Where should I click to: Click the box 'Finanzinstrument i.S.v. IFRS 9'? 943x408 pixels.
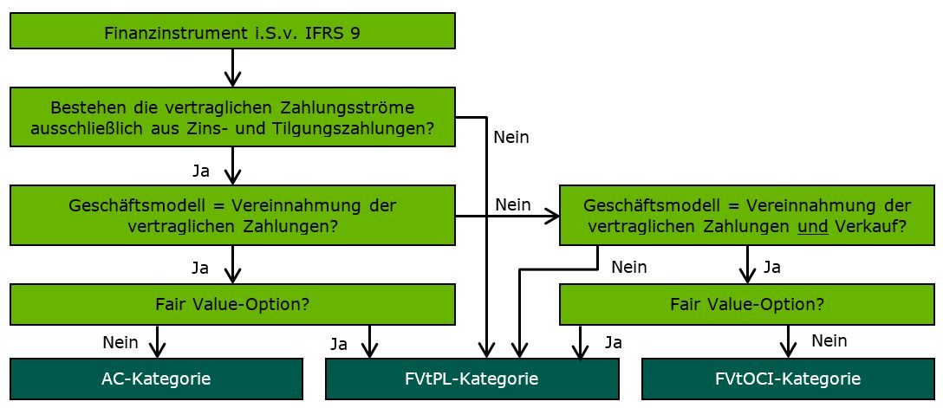232,33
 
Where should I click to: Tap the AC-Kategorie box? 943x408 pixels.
156,379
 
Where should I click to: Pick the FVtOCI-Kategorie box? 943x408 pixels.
787,379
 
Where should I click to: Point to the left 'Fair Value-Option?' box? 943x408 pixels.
232,304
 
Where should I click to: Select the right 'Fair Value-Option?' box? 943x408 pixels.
747,304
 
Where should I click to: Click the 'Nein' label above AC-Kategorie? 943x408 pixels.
120,341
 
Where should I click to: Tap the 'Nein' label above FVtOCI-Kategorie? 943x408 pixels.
829,341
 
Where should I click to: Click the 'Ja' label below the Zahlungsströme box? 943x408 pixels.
200,171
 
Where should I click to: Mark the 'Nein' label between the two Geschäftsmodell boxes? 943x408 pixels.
512,204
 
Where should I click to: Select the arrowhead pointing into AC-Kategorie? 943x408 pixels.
157,350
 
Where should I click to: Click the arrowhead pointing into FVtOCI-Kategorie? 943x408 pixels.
788,350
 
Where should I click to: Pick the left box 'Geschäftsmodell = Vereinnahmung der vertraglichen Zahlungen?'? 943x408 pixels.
232,216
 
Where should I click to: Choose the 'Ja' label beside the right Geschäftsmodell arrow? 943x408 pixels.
771,267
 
